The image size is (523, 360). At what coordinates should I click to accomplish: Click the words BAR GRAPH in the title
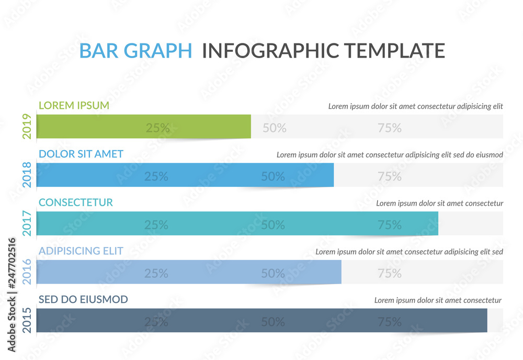click(x=135, y=51)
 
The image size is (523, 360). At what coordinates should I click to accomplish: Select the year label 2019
click(x=27, y=127)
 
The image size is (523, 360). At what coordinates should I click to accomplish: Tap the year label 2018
click(x=27, y=175)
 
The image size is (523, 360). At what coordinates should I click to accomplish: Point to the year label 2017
click(x=27, y=223)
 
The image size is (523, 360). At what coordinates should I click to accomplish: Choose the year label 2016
click(x=27, y=272)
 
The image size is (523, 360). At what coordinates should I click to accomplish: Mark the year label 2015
click(x=27, y=320)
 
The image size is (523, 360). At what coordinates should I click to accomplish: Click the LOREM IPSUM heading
click(x=74, y=105)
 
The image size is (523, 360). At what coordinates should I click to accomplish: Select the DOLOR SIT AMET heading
click(x=81, y=154)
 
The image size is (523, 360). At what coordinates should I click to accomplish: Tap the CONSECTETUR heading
click(x=76, y=203)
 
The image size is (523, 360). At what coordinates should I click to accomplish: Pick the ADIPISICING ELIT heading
click(x=81, y=251)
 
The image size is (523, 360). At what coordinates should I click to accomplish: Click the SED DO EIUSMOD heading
click(x=83, y=299)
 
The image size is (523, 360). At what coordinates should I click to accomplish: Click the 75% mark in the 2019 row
click(x=390, y=128)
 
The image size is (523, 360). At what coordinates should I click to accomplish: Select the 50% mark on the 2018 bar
click(x=273, y=177)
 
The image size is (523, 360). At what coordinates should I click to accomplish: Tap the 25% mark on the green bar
click(x=157, y=128)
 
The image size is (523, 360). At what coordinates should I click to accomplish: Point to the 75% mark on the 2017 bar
click(x=390, y=225)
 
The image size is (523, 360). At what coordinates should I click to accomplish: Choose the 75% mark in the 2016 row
click(x=390, y=274)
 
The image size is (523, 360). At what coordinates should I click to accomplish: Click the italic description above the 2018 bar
click(x=390, y=155)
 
